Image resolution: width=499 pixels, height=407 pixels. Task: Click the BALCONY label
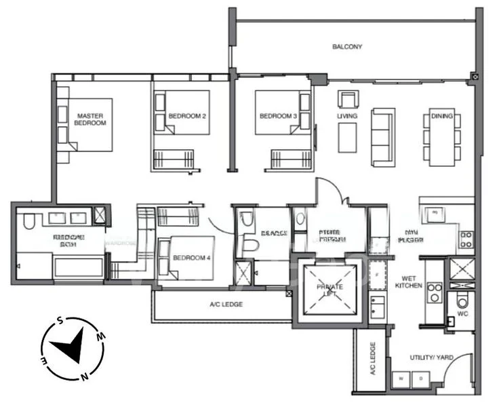[x=347, y=47]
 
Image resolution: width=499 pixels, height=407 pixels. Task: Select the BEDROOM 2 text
[x=186, y=117]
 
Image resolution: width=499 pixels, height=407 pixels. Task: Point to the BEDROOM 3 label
[x=278, y=117]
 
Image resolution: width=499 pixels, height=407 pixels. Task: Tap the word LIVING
[x=347, y=117]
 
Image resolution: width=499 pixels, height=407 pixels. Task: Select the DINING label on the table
[x=441, y=117]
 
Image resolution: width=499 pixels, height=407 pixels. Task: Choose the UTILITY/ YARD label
[x=426, y=357]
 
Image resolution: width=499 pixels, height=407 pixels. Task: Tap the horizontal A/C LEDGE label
[x=226, y=305]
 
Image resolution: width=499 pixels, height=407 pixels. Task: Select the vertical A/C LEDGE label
[x=372, y=359]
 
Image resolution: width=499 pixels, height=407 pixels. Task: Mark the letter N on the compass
[x=84, y=375]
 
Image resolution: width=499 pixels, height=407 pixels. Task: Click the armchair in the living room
[x=348, y=99]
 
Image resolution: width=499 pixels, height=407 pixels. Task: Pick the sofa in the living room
[x=383, y=136]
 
